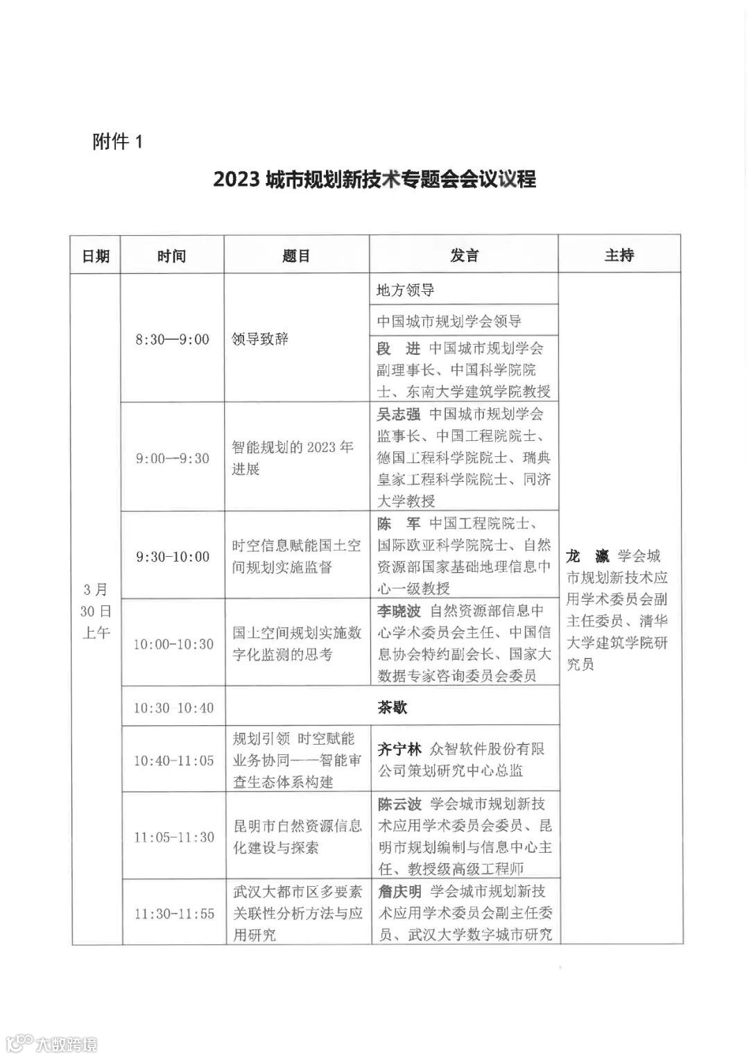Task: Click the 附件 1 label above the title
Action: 117,142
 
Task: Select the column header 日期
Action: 96,256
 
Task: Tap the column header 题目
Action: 296,256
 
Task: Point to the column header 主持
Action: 619,255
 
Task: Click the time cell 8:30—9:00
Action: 172,340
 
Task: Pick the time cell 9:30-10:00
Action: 172,557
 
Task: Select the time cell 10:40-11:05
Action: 173,761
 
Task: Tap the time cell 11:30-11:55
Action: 174,914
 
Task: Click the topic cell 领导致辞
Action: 260,340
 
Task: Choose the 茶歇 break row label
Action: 393,707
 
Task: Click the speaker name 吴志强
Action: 399,415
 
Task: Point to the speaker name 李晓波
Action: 399,612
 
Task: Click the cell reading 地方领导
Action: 405,290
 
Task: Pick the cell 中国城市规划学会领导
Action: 449,322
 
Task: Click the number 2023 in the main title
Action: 236,180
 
